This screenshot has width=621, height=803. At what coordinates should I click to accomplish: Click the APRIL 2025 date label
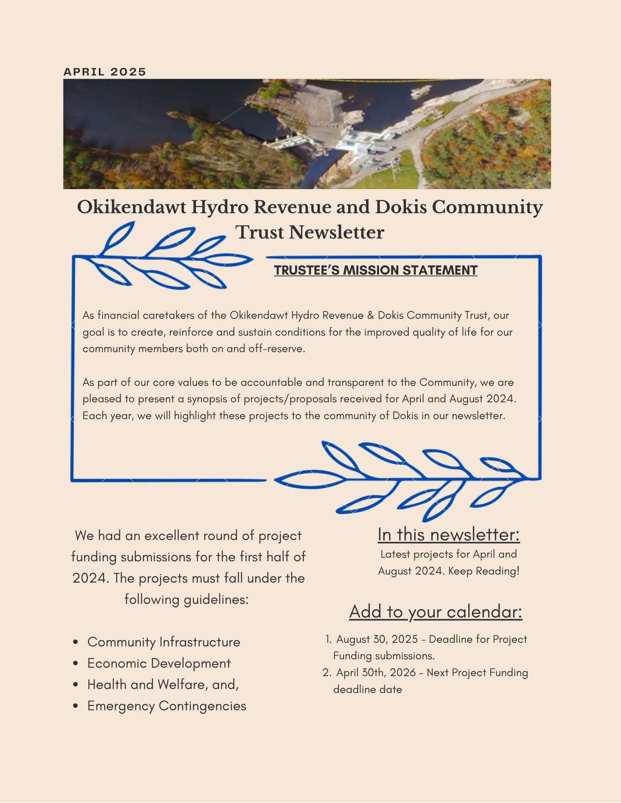coord(105,72)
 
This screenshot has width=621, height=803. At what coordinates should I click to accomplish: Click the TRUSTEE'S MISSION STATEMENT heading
coord(375,270)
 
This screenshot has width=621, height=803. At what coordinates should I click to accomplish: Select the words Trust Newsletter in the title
coord(309,232)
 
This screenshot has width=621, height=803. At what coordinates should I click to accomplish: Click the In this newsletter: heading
coord(449,534)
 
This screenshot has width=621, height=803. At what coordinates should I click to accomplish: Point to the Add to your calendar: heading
coord(436,611)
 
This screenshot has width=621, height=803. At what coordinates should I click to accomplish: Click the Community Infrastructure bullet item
coord(164,642)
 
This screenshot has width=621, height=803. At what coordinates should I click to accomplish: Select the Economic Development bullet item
coord(159,663)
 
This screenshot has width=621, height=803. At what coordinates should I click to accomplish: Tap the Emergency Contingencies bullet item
coord(166,706)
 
